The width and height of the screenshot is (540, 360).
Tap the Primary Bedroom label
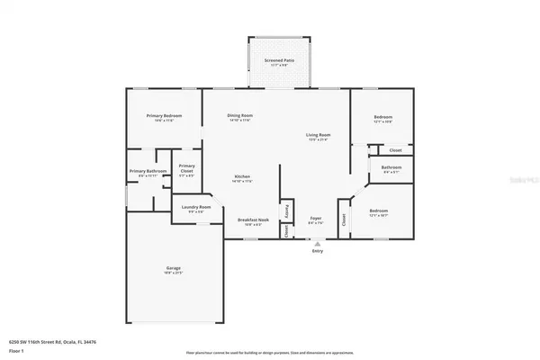[164, 115]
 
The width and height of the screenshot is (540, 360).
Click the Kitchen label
[242, 176]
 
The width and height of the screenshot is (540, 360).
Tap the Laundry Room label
[195, 207]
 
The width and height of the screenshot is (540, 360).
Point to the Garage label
[173, 267]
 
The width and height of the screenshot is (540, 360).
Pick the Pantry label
[287, 211]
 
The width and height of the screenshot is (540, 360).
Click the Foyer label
[316, 219]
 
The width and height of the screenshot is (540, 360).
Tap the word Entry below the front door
[317, 251]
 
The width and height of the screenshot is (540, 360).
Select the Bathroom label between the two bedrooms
[391, 166]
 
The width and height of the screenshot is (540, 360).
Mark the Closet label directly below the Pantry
[287, 230]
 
